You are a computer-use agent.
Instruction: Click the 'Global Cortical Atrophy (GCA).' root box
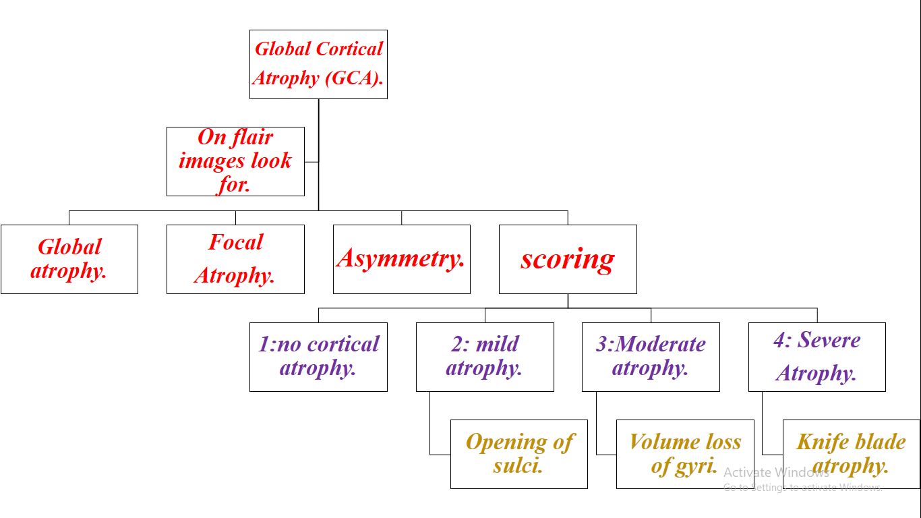(x=318, y=64)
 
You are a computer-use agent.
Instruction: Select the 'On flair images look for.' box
(x=235, y=161)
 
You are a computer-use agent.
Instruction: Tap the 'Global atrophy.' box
(x=69, y=259)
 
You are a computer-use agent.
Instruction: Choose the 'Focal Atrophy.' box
(x=235, y=259)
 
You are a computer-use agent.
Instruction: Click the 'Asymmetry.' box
(x=401, y=259)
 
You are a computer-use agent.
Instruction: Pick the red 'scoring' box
(x=568, y=259)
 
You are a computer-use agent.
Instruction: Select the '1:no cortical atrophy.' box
(x=318, y=357)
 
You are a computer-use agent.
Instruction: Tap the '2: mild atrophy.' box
(x=485, y=357)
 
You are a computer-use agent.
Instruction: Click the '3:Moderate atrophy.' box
(x=651, y=357)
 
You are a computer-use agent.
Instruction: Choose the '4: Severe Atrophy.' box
(x=816, y=357)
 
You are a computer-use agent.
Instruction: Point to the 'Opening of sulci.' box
(x=518, y=454)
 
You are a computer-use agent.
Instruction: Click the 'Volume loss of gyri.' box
(x=685, y=454)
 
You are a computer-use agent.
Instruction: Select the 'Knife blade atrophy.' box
(x=851, y=454)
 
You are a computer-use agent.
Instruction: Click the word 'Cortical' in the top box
(x=349, y=49)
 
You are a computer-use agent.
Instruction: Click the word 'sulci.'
(x=518, y=466)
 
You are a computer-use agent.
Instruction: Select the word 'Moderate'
(x=660, y=345)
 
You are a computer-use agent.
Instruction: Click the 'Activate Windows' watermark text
(x=776, y=473)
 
